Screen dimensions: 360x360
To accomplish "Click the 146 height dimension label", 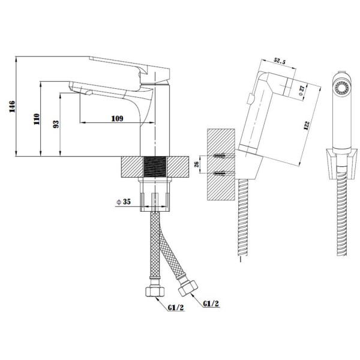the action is [12, 106].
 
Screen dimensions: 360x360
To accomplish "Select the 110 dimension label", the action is [37, 119].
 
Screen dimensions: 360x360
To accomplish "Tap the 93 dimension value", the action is [56, 124].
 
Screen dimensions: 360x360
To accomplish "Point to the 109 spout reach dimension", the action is [117, 118].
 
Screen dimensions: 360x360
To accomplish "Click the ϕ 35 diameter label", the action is [124, 202].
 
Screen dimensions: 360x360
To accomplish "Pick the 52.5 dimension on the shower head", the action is [280, 61].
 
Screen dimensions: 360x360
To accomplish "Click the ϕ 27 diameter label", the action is [301, 90].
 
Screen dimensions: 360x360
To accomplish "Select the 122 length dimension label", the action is [307, 125].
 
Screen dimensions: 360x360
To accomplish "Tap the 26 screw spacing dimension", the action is [197, 164].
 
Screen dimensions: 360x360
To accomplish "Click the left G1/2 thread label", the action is [176, 308].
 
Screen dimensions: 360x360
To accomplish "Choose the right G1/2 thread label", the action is [211, 304].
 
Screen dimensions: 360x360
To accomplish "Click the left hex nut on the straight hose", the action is [155, 291].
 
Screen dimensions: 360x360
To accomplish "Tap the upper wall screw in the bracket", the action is [220, 155].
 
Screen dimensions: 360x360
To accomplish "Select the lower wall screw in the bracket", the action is [220, 173].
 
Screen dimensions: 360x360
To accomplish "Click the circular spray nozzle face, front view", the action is [342, 88].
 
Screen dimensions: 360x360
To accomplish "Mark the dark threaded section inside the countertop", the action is [155, 167].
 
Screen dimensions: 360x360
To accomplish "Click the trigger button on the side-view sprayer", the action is [250, 99].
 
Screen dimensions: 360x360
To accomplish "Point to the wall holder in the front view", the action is [342, 164].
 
